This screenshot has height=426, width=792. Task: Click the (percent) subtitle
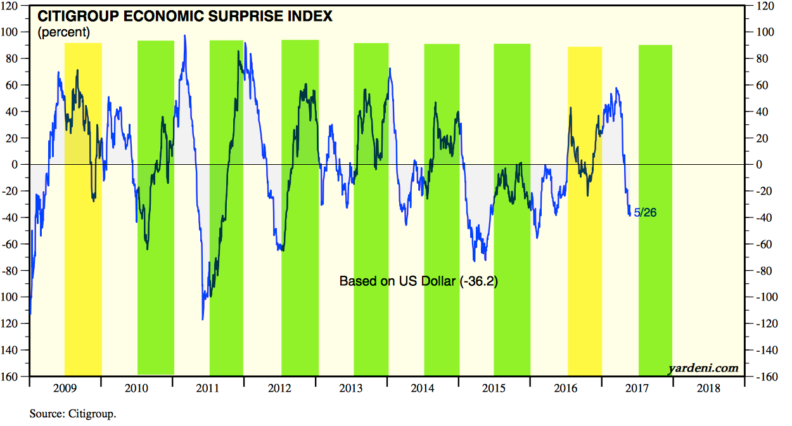[64, 32]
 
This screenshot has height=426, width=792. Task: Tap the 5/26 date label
[645, 212]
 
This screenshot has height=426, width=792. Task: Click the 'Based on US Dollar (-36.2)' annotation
[418, 281]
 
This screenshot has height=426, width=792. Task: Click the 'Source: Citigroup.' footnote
[73, 414]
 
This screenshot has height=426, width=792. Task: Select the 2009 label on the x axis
[65, 389]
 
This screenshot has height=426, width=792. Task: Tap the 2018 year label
[709, 389]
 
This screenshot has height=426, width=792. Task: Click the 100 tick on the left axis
[17, 32]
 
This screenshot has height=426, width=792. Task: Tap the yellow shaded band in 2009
[83, 209]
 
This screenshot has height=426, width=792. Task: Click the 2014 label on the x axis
[423, 389]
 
